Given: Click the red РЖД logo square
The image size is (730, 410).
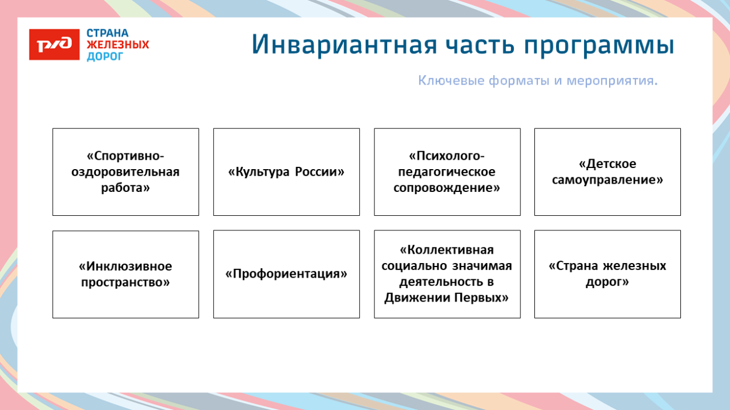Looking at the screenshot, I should [54, 44].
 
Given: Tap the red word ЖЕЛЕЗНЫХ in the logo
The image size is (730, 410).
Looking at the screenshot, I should [117, 45].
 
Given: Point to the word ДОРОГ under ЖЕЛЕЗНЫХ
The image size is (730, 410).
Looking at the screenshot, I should [105, 57].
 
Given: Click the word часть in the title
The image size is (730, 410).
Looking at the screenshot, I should [478, 45].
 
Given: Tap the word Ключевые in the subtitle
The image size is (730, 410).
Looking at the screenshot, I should [451, 80].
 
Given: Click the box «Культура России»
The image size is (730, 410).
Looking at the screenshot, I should [286, 172].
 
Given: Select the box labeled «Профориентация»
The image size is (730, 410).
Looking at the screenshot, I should [286, 274].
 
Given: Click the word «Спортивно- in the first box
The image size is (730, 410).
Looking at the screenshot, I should [126, 156].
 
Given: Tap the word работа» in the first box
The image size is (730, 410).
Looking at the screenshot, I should [126, 188].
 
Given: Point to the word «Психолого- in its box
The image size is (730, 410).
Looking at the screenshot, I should [447, 156].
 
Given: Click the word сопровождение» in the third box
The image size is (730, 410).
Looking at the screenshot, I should [447, 188].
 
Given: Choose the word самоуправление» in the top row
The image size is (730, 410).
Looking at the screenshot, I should [607, 180].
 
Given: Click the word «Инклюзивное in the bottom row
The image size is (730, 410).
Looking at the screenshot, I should [126, 267].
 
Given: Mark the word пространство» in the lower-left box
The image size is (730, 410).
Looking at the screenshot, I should [126, 282].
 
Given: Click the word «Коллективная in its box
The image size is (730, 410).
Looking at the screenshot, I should [447, 250].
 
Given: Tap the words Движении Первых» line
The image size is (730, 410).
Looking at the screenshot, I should [447, 297].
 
